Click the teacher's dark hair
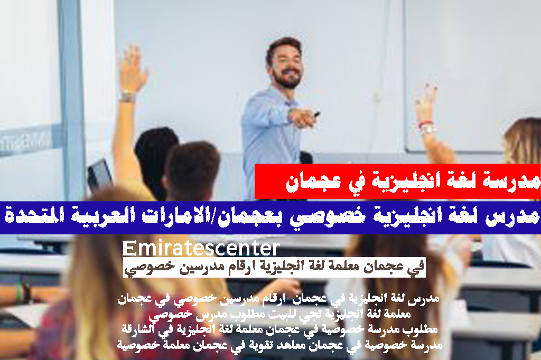click(x=284, y=48)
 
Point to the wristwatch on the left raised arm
click(x=127, y=97)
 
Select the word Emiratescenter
click(x=201, y=248)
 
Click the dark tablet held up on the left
click(x=99, y=175)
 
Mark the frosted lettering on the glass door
click(x=25, y=141)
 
